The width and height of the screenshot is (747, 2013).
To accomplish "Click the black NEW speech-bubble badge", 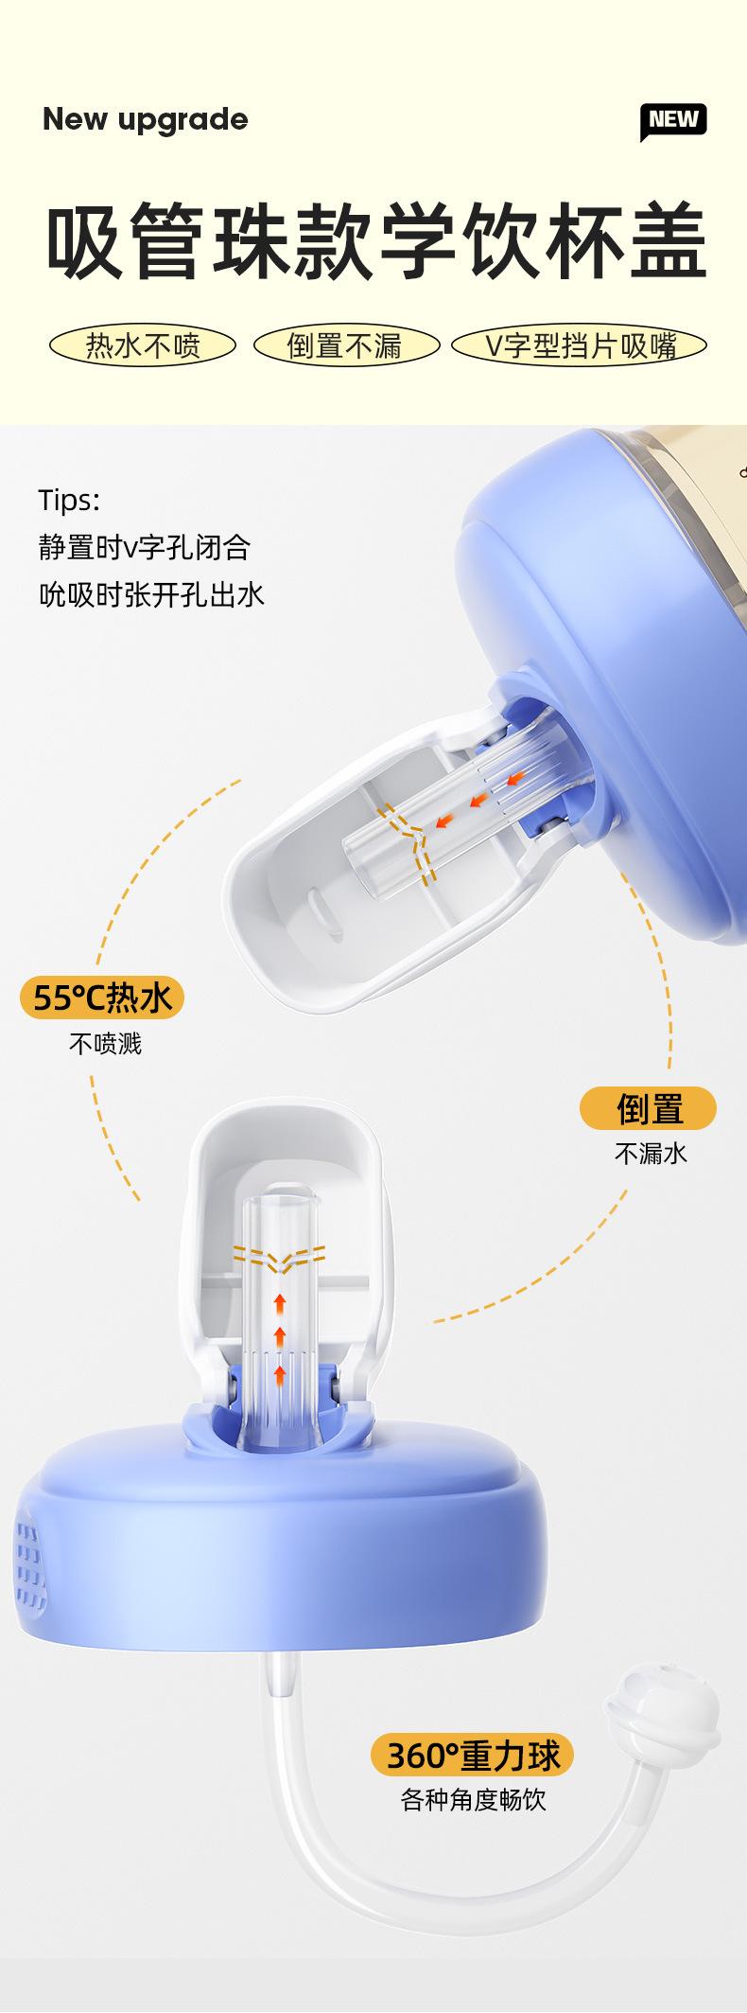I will (x=673, y=120).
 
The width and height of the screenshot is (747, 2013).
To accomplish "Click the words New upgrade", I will (x=146, y=120).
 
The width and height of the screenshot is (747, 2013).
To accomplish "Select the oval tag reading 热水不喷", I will (x=143, y=346).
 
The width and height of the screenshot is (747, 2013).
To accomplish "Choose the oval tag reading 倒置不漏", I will (x=344, y=346).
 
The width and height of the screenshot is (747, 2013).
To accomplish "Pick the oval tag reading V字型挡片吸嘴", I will (x=580, y=346).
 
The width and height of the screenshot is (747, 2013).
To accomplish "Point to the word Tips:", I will (x=69, y=500).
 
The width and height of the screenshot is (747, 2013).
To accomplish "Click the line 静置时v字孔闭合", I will (x=145, y=547).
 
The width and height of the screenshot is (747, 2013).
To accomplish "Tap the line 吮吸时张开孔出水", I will (x=151, y=594).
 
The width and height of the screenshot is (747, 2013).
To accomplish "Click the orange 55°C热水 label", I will (x=102, y=998).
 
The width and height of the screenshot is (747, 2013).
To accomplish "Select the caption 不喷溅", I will (x=105, y=1044).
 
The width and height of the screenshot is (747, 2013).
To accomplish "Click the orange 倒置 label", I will (x=649, y=1108).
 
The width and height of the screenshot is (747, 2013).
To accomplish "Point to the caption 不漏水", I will (x=651, y=1153).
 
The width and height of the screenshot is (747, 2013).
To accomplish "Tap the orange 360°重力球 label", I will (x=473, y=1756).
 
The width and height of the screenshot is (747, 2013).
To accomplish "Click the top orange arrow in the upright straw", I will (x=280, y=1303).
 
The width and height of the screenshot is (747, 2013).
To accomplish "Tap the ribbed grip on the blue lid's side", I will (x=32, y=1567).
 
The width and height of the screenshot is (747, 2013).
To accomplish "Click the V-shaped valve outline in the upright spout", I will (x=279, y=1258).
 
